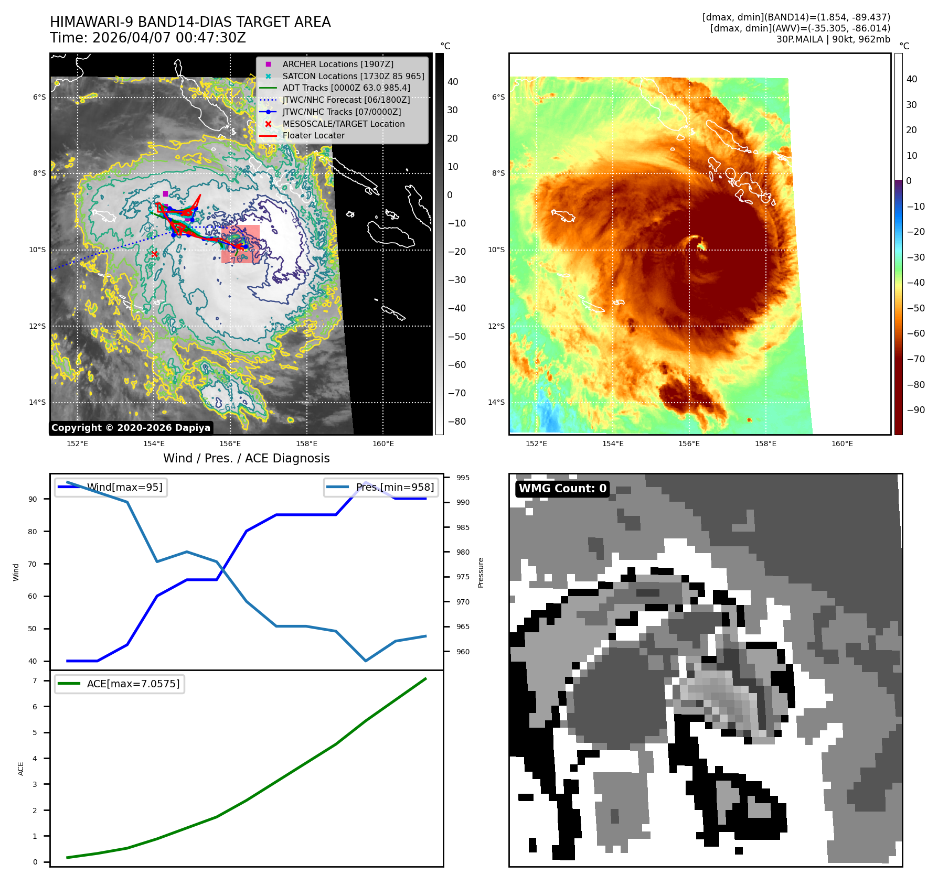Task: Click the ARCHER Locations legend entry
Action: click(x=337, y=64)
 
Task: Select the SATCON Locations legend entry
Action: click(x=353, y=76)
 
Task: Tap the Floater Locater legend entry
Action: click(x=313, y=135)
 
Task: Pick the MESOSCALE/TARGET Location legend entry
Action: click(x=343, y=124)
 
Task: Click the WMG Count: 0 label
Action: click(x=562, y=489)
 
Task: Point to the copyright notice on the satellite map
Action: click(x=131, y=428)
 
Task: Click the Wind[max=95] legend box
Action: click(x=111, y=487)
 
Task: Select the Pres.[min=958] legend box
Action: click(x=381, y=487)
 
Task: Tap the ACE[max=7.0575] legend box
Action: click(x=120, y=684)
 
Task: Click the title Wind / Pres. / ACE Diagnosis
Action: click(x=246, y=458)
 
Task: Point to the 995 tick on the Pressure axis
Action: click(x=463, y=478)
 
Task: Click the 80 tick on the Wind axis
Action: click(x=33, y=532)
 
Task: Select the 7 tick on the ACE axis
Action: click(x=35, y=680)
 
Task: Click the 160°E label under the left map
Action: click(x=383, y=444)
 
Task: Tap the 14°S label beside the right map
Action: click(x=496, y=402)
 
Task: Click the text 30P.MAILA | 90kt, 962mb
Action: click(x=833, y=39)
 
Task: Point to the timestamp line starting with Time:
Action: click(x=147, y=38)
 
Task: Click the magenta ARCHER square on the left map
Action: click(x=165, y=194)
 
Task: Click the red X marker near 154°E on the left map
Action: click(x=154, y=254)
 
